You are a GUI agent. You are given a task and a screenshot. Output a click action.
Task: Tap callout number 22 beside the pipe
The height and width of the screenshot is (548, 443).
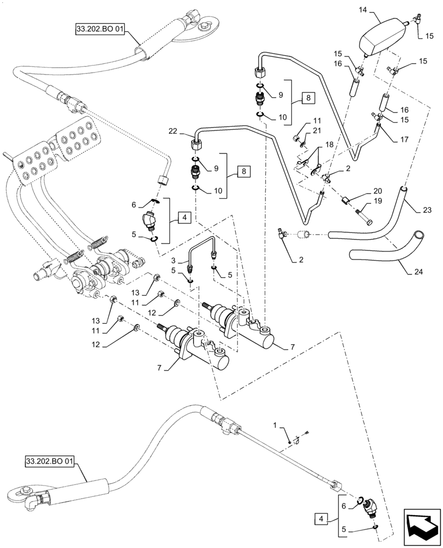coord(174,131)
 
